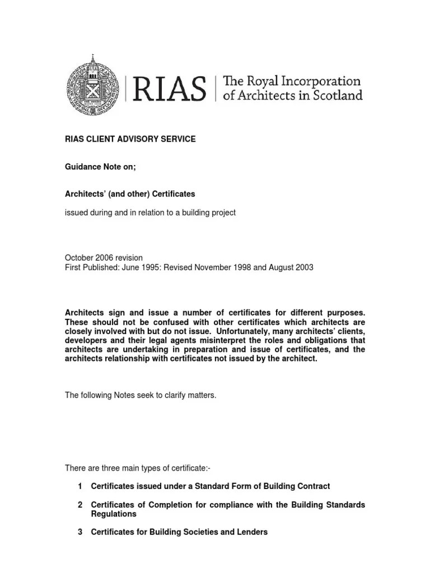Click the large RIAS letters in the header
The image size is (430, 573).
tap(170, 88)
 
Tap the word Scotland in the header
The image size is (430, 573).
tap(336, 96)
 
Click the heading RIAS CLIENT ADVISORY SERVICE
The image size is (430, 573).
tap(130, 139)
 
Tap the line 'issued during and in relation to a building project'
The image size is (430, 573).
tap(150, 213)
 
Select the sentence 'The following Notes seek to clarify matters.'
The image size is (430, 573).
tap(141, 395)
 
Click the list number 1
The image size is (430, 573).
tap(80, 486)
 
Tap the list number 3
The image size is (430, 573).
tap(80, 532)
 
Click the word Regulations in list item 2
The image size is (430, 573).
tap(114, 514)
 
